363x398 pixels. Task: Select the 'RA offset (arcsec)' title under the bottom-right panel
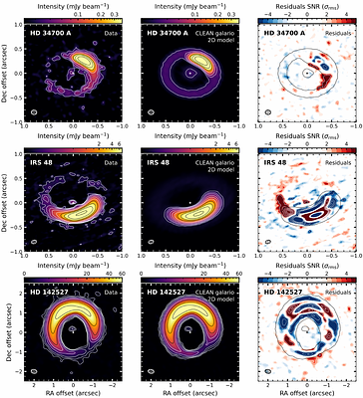point(300,392)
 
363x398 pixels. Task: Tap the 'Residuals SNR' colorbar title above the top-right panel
point(300,6)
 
